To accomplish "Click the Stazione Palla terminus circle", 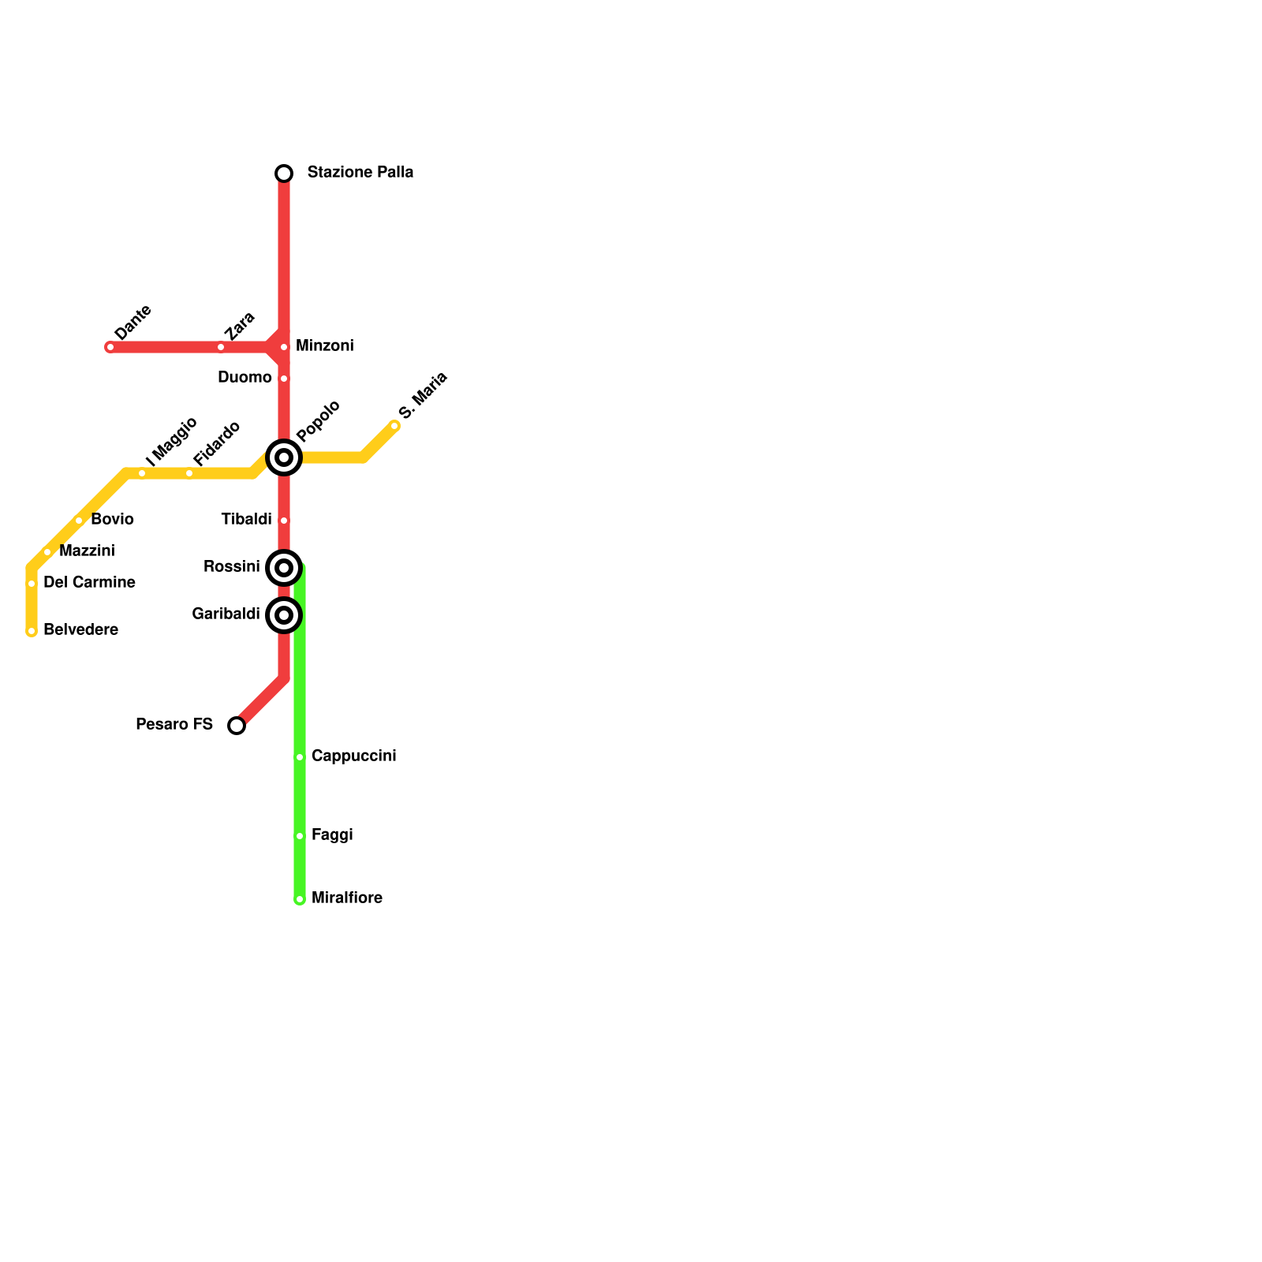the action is [x=284, y=174].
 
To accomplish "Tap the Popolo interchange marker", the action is [x=284, y=457].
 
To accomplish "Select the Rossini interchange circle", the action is [x=284, y=567].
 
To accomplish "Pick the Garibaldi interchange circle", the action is [x=284, y=614].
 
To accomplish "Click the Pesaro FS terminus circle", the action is [x=237, y=726].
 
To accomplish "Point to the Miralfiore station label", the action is [x=346, y=898].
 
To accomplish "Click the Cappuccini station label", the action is [x=353, y=756].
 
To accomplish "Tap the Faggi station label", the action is [x=332, y=835].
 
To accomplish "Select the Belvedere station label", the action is [x=80, y=630].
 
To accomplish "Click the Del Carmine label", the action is [x=89, y=583].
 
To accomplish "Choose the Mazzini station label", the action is [x=87, y=551].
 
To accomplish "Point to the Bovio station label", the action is [x=112, y=520].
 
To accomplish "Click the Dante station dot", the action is [x=110, y=347].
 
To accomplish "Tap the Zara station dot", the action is [x=221, y=347].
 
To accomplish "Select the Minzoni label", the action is [x=324, y=346].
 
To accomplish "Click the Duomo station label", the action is [x=245, y=378].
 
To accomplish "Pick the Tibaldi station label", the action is [x=246, y=520].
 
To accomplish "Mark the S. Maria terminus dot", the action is [x=394, y=426].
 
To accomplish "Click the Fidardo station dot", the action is [x=189, y=473].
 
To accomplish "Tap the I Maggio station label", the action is [x=171, y=439].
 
